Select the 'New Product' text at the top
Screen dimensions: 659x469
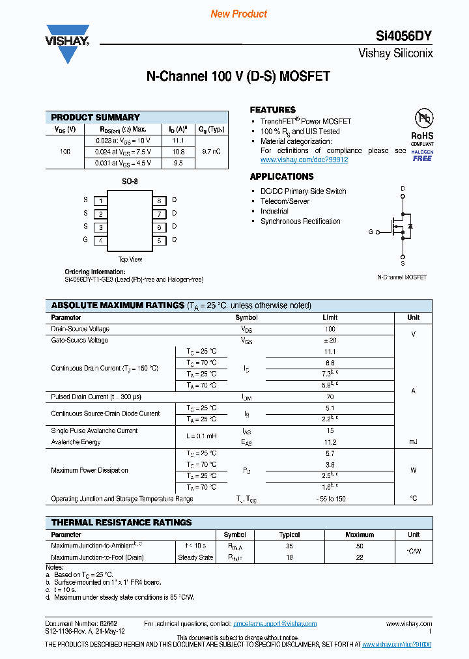click(238, 14)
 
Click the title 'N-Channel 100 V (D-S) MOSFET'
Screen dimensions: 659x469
click(238, 76)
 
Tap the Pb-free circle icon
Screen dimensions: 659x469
click(424, 119)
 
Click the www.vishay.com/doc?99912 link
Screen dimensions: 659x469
click(304, 160)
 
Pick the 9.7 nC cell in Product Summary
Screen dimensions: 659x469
click(211, 152)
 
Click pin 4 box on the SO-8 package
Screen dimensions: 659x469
click(100, 240)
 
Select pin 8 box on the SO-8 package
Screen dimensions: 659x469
click(158, 201)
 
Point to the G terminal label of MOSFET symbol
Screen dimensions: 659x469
click(371, 232)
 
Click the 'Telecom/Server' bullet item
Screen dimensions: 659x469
click(285, 201)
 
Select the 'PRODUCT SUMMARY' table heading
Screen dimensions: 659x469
click(95, 117)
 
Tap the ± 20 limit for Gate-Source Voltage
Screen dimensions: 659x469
click(330, 341)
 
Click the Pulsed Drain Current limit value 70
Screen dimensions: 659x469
click(330, 397)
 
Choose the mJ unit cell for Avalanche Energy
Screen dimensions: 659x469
click(413, 442)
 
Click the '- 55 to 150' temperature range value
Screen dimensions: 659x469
click(330, 499)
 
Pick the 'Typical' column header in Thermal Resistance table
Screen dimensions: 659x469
click(289, 535)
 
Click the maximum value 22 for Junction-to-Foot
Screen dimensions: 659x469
click(359, 557)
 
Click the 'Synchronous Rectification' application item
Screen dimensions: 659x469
click(300, 221)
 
